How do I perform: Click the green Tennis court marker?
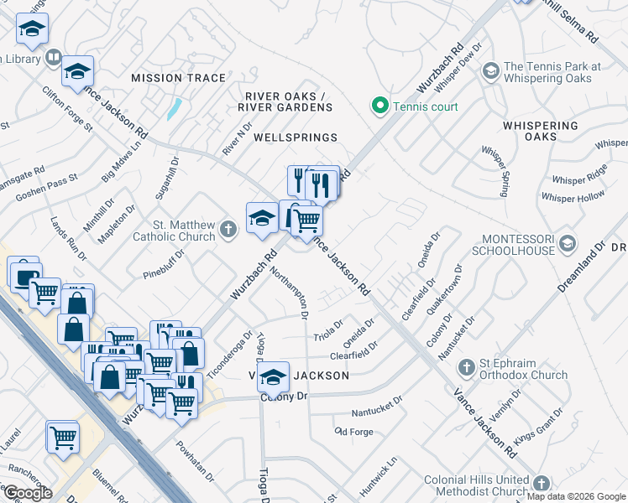[x=379, y=106]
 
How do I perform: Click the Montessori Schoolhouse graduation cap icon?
[x=568, y=243]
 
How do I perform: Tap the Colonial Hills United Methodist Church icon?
[x=542, y=484]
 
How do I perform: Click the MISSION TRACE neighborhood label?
[x=178, y=78]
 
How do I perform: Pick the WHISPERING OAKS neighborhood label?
[x=540, y=131]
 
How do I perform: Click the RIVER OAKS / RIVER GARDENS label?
[x=285, y=101]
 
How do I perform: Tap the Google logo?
[x=27, y=492]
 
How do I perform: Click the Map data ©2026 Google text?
[x=576, y=496]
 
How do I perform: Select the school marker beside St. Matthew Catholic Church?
[x=262, y=218]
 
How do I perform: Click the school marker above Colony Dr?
[x=273, y=377]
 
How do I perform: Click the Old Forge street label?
[x=353, y=432]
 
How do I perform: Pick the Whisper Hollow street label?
[x=573, y=197]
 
